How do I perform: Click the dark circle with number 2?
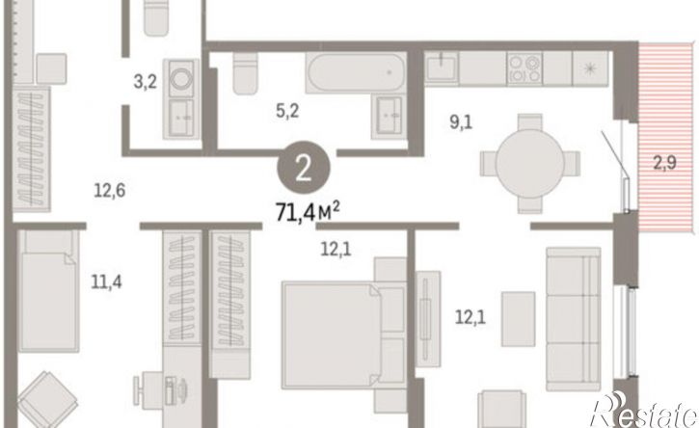[x=304, y=167]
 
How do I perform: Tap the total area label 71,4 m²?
[x=308, y=211]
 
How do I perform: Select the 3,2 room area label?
[x=146, y=82]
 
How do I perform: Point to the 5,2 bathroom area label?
[x=287, y=111]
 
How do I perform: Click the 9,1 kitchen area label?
[x=461, y=121]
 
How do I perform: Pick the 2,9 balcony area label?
[x=664, y=163]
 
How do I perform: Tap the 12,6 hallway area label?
[x=110, y=190]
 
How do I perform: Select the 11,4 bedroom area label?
[x=106, y=281]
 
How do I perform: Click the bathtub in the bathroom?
[x=356, y=72]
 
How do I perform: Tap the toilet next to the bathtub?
[x=245, y=73]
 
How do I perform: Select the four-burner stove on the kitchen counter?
[x=524, y=68]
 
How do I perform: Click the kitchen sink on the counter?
[x=442, y=68]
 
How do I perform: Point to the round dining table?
[x=530, y=164]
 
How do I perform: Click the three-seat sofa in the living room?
[x=574, y=319]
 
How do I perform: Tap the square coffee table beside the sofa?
[x=518, y=319]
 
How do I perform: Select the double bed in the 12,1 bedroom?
[x=343, y=334]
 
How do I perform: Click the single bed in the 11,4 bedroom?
[x=48, y=291]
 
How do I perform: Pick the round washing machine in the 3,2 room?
[x=181, y=79]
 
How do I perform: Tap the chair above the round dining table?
[x=530, y=122]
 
